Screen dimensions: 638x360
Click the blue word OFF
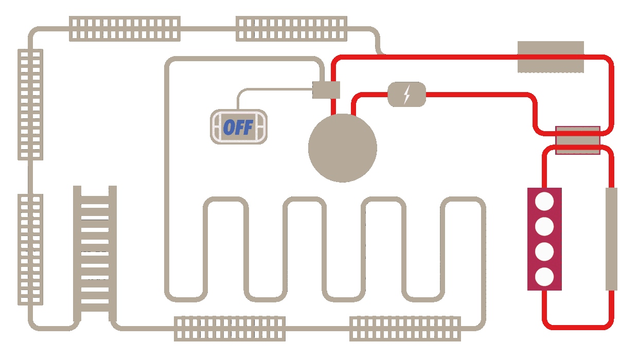[238, 127]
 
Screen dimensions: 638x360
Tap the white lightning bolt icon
[407, 94]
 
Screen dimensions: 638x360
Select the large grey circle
[343, 148]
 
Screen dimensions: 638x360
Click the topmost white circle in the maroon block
[544, 201]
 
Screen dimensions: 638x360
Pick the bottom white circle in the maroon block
[544, 277]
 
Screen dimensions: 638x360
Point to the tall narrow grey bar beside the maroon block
[611, 239]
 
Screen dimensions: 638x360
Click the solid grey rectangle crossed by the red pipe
[551, 57]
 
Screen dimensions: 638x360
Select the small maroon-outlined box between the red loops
[578, 140]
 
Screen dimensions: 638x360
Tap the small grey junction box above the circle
[326, 90]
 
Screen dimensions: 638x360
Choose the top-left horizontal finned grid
[125, 29]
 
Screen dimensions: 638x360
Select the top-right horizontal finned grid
[291, 29]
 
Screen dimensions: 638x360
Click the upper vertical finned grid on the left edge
[30, 104]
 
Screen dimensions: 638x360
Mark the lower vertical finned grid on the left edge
[30, 249]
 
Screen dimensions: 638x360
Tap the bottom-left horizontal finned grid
[229, 329]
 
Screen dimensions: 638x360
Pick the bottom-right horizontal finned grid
[405, 329]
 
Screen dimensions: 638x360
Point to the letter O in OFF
[228, 127]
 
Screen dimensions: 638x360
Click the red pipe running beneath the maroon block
[578, 327]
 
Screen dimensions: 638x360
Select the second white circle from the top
[544, 226]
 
